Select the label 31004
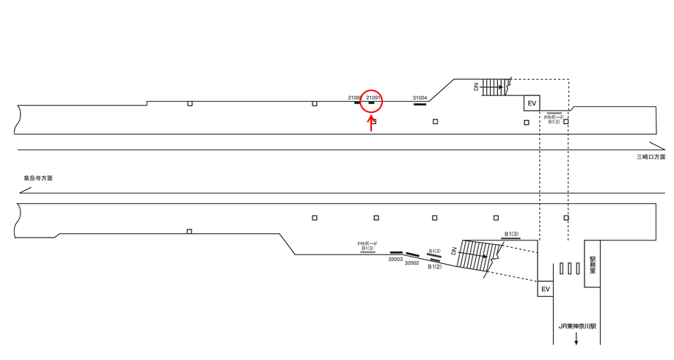point(420,98)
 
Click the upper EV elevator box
point(532,103)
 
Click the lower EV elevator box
point(545,290)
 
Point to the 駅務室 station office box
point(592,264)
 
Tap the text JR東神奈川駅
point(576,326)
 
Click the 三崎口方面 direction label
point(650,157)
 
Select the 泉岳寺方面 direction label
point(38,178)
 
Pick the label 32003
point(395,259)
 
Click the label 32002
point(411,262)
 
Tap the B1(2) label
point(435,267)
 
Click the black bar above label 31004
point(420,104)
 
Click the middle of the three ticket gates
point(569,269)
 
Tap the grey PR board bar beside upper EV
point(554,114)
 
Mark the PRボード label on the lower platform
point(367,243)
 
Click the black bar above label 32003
point(396,253)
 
